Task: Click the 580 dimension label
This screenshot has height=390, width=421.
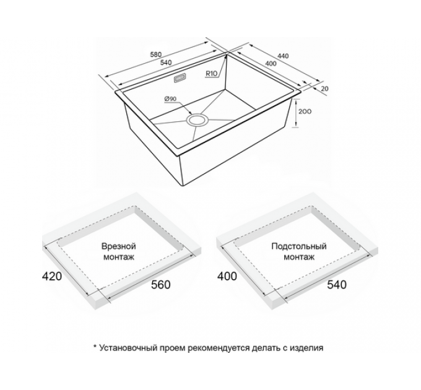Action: [156, 54]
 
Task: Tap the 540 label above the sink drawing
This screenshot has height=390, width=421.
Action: [166, 63]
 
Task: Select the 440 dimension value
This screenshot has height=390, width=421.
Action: [284, 56]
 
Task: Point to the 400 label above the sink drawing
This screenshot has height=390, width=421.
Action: [271, 64]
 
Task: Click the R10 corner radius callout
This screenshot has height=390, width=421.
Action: [212, 73]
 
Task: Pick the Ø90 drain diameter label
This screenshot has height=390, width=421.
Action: [170, 99]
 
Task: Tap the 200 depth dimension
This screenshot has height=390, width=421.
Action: [305, 111]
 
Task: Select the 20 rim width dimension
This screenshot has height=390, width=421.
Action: [325, 89]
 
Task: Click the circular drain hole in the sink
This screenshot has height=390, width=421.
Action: [197, 120]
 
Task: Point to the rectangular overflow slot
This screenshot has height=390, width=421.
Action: [180, 79]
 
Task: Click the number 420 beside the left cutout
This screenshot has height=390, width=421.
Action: [52, 276]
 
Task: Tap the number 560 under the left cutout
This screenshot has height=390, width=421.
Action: [161, 285]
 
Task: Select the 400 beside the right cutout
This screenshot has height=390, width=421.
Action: [227, 276]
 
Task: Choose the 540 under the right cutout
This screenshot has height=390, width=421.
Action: [337, 285]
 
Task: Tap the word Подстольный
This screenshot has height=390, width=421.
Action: [299, 246]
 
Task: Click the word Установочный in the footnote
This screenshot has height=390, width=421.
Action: [128, 348]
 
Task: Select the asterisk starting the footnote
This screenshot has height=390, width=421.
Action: [95, 347]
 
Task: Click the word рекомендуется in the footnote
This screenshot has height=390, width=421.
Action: [219, 349]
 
